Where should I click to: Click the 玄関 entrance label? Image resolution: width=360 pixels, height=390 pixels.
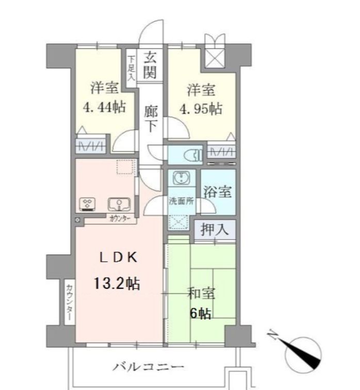point(150,64)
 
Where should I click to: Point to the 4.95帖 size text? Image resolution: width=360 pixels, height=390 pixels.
point(201,109)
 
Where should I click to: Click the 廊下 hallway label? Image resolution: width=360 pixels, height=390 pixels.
point(150,118)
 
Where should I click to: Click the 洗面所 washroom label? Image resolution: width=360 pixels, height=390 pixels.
point(181,201)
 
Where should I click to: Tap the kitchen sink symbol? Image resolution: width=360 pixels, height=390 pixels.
point(118,204)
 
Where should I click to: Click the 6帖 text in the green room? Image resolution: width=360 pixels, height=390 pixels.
point(200,313)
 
